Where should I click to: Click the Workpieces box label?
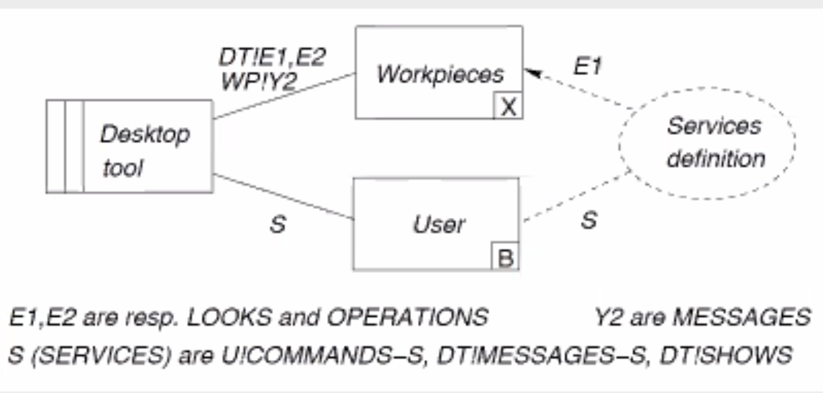pos(440,74)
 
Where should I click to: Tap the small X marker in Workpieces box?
pos(508,107)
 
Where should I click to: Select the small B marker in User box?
pos(505,257)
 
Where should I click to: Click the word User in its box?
pos(439,224)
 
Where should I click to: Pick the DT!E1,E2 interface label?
pos(273,57)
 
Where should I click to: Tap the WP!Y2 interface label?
pos(258,82)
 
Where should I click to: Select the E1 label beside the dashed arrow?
pos(587,67)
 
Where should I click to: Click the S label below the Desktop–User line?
pos(278,225)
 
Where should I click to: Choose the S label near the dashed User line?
pos(588,220)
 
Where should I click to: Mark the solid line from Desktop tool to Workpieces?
pos(284,95)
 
